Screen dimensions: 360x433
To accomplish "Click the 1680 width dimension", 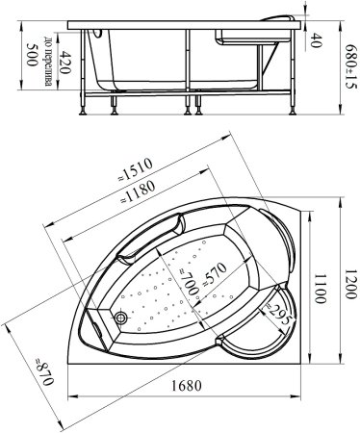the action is [x=186, y=385].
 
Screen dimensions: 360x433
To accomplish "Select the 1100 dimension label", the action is [x=320, y=288].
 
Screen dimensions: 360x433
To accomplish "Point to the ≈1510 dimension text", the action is [x=135, y=169].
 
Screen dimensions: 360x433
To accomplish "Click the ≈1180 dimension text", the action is [x=138, y=191].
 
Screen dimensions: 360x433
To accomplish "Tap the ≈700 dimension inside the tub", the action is [x=189, y=282].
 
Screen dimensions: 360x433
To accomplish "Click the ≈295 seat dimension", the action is [x=278, y=315].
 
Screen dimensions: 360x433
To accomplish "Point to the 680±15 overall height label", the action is [x=351, y=67].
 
